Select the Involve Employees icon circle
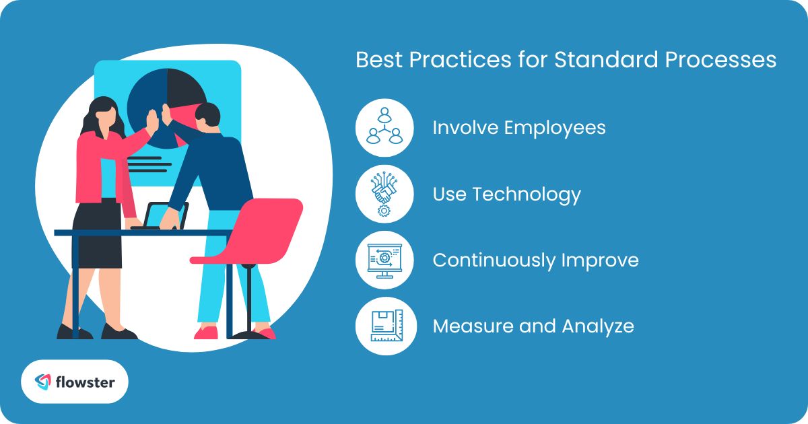(x=384, y=128)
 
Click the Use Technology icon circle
(x=384, y=195)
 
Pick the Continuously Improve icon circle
(x=384, y=260)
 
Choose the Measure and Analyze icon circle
(x=384, y=326)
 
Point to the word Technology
(x=527, y=195)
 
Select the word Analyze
(x=599, y=326)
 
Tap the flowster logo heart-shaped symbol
(x=44, y=382)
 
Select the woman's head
(x=102, y=114)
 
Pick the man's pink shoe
(x=206, y=332)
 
